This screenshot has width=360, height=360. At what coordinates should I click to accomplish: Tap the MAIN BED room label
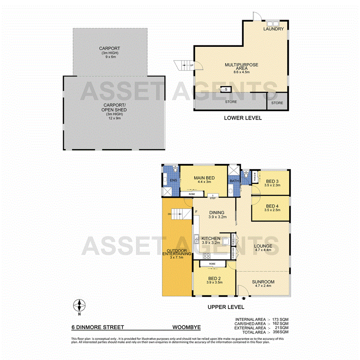point(204,178)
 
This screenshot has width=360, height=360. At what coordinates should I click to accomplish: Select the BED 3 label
point(272,182)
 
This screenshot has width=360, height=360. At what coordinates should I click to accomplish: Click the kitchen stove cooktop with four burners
point(206,255)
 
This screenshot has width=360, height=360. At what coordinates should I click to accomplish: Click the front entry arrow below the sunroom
point(244,298)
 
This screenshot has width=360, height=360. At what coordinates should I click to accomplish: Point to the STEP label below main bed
point(212,198)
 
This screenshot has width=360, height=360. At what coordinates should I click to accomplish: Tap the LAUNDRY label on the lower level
point(273,29)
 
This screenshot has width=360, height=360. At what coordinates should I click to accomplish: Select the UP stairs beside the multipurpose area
point(183,66)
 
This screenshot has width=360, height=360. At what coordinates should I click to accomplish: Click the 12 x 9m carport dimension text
point(115,118)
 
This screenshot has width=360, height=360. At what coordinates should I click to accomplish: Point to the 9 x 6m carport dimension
point(110,57)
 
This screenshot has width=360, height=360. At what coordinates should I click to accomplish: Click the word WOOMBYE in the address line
point(186,327)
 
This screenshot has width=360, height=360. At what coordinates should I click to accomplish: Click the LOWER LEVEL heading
point(243,118)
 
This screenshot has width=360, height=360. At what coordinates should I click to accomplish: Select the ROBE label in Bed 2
point(212,265)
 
